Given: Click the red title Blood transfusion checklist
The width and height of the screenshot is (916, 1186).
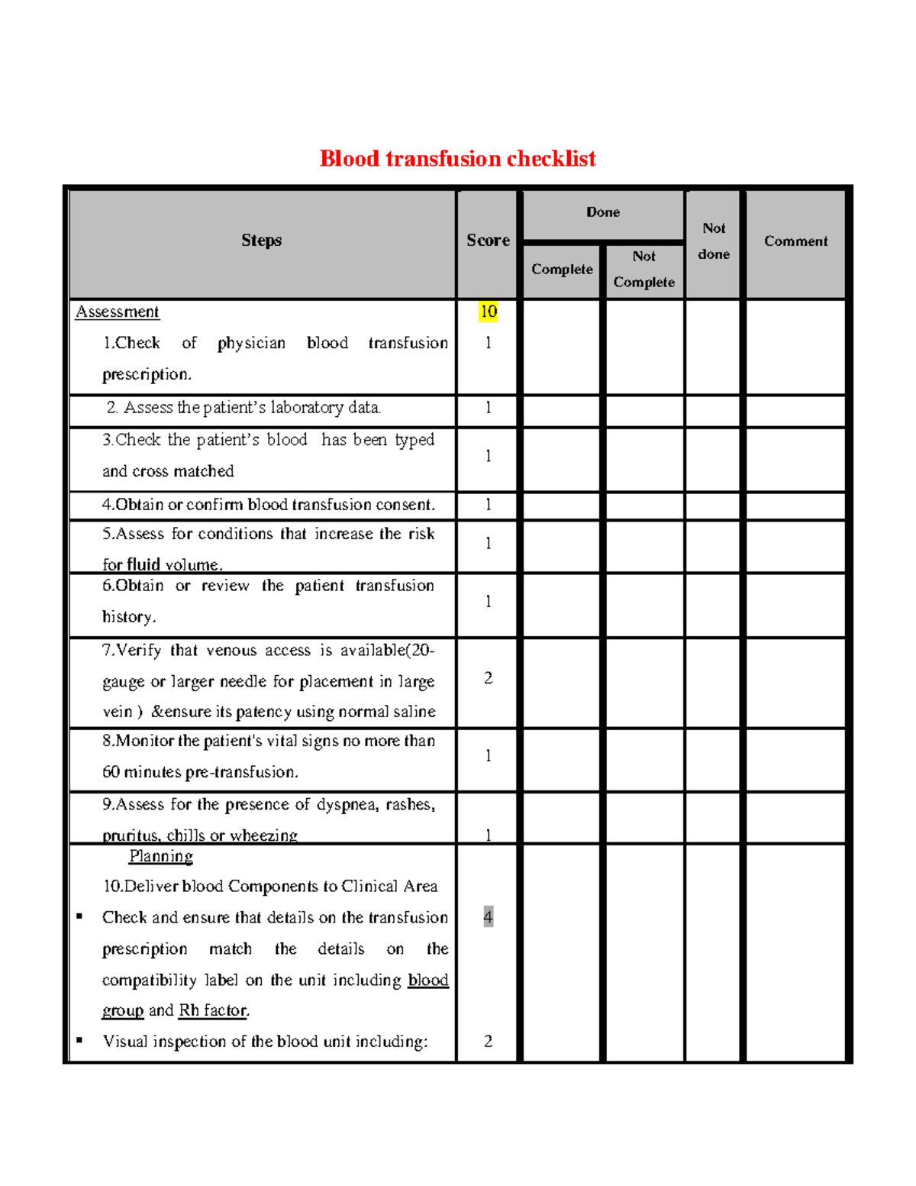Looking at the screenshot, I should (457, 159).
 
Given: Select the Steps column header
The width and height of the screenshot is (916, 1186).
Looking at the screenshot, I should (261, 241).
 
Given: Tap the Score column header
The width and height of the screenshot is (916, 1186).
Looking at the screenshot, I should (488, 241).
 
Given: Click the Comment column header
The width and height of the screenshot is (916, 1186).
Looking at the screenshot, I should (795, 241).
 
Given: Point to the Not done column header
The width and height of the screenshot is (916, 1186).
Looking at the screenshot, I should (714, 241).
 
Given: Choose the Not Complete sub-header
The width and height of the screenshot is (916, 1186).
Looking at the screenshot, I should (643, 270).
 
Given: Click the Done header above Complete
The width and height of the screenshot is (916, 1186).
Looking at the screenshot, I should (602, 212).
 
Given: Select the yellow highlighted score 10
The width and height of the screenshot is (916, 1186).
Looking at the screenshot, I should (488, 312).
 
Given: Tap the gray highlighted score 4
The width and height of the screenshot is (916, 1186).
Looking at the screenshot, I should (488, 916).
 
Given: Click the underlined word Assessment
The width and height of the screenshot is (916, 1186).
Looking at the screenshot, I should (118, 312).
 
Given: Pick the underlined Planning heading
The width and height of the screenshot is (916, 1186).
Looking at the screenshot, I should (160, 856).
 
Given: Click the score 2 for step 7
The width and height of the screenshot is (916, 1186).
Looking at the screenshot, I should (488, 678).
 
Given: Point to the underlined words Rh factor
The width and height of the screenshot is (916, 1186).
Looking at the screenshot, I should (213, 1010).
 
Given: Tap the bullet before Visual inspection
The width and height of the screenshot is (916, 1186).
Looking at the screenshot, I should (79, 1040).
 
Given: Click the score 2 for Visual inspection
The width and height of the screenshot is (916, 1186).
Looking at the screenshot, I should (488, 1042).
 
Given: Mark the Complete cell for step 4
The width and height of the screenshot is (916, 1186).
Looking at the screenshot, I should (562, 506).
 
